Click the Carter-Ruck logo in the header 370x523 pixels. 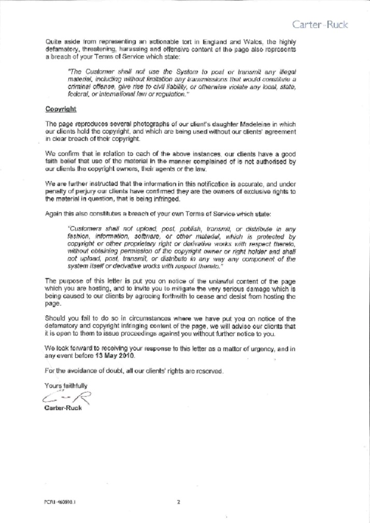coord(320,24)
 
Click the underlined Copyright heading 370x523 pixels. coord(61,109)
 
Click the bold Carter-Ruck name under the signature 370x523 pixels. coord(64,408)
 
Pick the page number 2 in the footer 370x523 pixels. coord(178,501)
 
